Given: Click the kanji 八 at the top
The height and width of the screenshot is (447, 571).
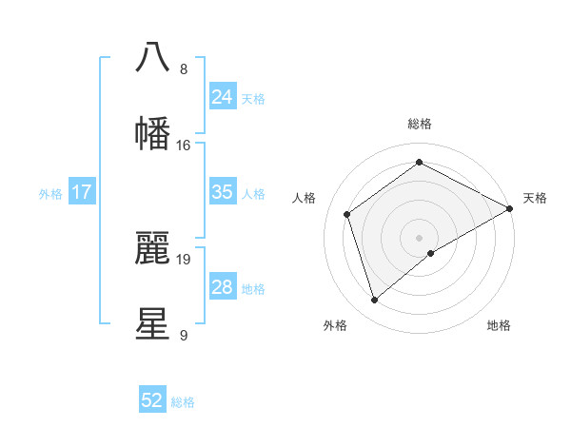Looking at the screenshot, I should [152, 56].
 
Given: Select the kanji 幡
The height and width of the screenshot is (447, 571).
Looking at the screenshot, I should [152, 133].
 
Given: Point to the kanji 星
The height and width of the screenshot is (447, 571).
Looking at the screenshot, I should [152, 322].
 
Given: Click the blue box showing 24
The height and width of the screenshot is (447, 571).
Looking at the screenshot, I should [223, 96].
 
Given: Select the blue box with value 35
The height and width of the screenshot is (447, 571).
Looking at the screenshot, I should [223, 192].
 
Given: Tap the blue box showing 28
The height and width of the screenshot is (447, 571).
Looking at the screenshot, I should [223, 287].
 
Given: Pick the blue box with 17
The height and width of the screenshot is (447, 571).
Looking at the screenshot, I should [82, 192].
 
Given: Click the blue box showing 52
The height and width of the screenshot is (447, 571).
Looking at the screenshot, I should [152, 400].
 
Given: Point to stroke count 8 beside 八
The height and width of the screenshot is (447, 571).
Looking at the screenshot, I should [184, 69].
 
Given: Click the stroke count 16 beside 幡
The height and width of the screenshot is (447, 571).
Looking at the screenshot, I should [184, 146].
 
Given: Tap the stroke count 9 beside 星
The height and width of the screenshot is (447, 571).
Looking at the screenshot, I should [184, 335].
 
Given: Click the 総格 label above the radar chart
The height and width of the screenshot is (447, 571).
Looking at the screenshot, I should [420, 124].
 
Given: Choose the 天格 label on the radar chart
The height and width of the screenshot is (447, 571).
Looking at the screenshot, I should [535, 198].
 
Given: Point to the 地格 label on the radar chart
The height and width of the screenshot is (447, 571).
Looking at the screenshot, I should [499, 325].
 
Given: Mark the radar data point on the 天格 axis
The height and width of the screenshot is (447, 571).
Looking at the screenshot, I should [510, 208].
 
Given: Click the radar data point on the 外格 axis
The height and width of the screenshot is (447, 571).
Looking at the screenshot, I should [375, 301].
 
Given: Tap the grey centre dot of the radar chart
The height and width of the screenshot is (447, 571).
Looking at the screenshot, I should [420, 237].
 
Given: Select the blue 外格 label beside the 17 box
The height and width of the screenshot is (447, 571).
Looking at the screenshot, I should [50, 193].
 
